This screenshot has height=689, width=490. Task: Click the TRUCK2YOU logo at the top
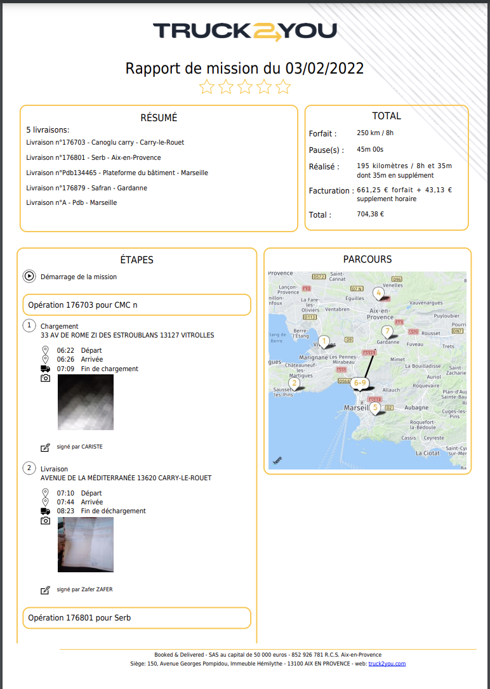click(244, 32)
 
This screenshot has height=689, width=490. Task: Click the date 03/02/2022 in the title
click(324, 69)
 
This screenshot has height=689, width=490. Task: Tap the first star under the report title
click(207, 87)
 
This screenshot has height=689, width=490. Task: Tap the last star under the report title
click(283, 87)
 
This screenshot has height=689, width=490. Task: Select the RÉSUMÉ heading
click(159, 117)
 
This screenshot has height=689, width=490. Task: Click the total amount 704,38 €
click(371, 214)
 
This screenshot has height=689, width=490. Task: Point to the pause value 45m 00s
click(370, 150)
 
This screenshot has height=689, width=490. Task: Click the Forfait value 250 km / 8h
click(375, 133)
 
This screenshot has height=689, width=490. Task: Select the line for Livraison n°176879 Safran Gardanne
click(87, 188)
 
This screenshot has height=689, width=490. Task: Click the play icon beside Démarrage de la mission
click(29, 277)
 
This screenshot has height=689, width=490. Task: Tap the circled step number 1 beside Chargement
click(29, 326)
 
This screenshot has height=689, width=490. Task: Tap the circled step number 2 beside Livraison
click(29, 469)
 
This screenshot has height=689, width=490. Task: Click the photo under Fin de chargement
click(86, 402)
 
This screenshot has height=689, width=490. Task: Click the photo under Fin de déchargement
click(86, 544)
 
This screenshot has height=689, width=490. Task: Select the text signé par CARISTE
click(79, 447)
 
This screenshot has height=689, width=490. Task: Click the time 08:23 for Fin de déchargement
click(65, 511)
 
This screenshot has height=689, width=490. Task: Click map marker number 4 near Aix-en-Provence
click(378, 293)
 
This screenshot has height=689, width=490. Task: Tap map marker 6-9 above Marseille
click(360, 383)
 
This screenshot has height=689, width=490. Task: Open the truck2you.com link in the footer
click(387, 664)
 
